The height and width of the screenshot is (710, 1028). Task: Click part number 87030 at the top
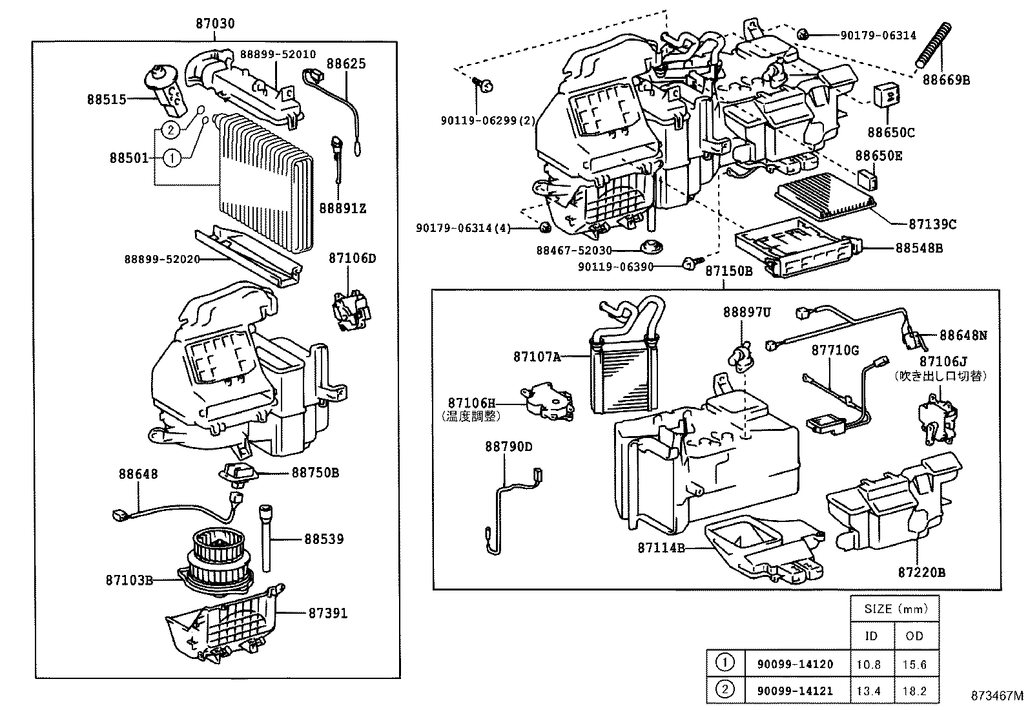pyautogui.click(x=215, y=24)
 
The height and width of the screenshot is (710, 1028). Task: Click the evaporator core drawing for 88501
pyautogui.click(x=265, y=181)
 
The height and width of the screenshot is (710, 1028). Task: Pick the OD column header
pyautogui.click(x=914, y=636)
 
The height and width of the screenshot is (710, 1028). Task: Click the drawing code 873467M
pyautogui.click(x=997, y=695)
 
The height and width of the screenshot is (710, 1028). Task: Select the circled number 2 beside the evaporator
pyautogui.click(x=170, y=130)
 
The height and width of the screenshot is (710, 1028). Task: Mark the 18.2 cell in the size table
pyautogui.click(x=914, y=691)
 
